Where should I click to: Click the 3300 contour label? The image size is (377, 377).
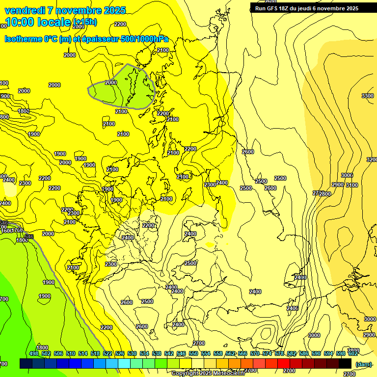pyautogui.click(x=367, y=96)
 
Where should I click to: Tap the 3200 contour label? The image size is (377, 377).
pyautogui.click(x=372, y=160)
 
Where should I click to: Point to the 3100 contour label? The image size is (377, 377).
pyautogui.click(x=351, y=185)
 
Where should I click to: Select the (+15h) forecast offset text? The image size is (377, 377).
pyautogui.click(x=84, y=22)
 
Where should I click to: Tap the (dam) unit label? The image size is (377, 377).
pyautogui.click(x=363, y=364)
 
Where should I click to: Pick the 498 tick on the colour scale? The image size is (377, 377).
pyautogui.click(x=34, y=353)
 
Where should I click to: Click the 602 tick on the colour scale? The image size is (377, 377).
pyautogui.click(x=353, y=353)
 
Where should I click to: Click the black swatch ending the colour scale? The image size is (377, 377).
pyautogui.click(x=345, y=363)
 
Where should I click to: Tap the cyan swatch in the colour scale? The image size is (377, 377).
pyautogui.click(x=124, y=363)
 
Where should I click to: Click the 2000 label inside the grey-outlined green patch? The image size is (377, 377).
pyautogui.click(x=111, y=82)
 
